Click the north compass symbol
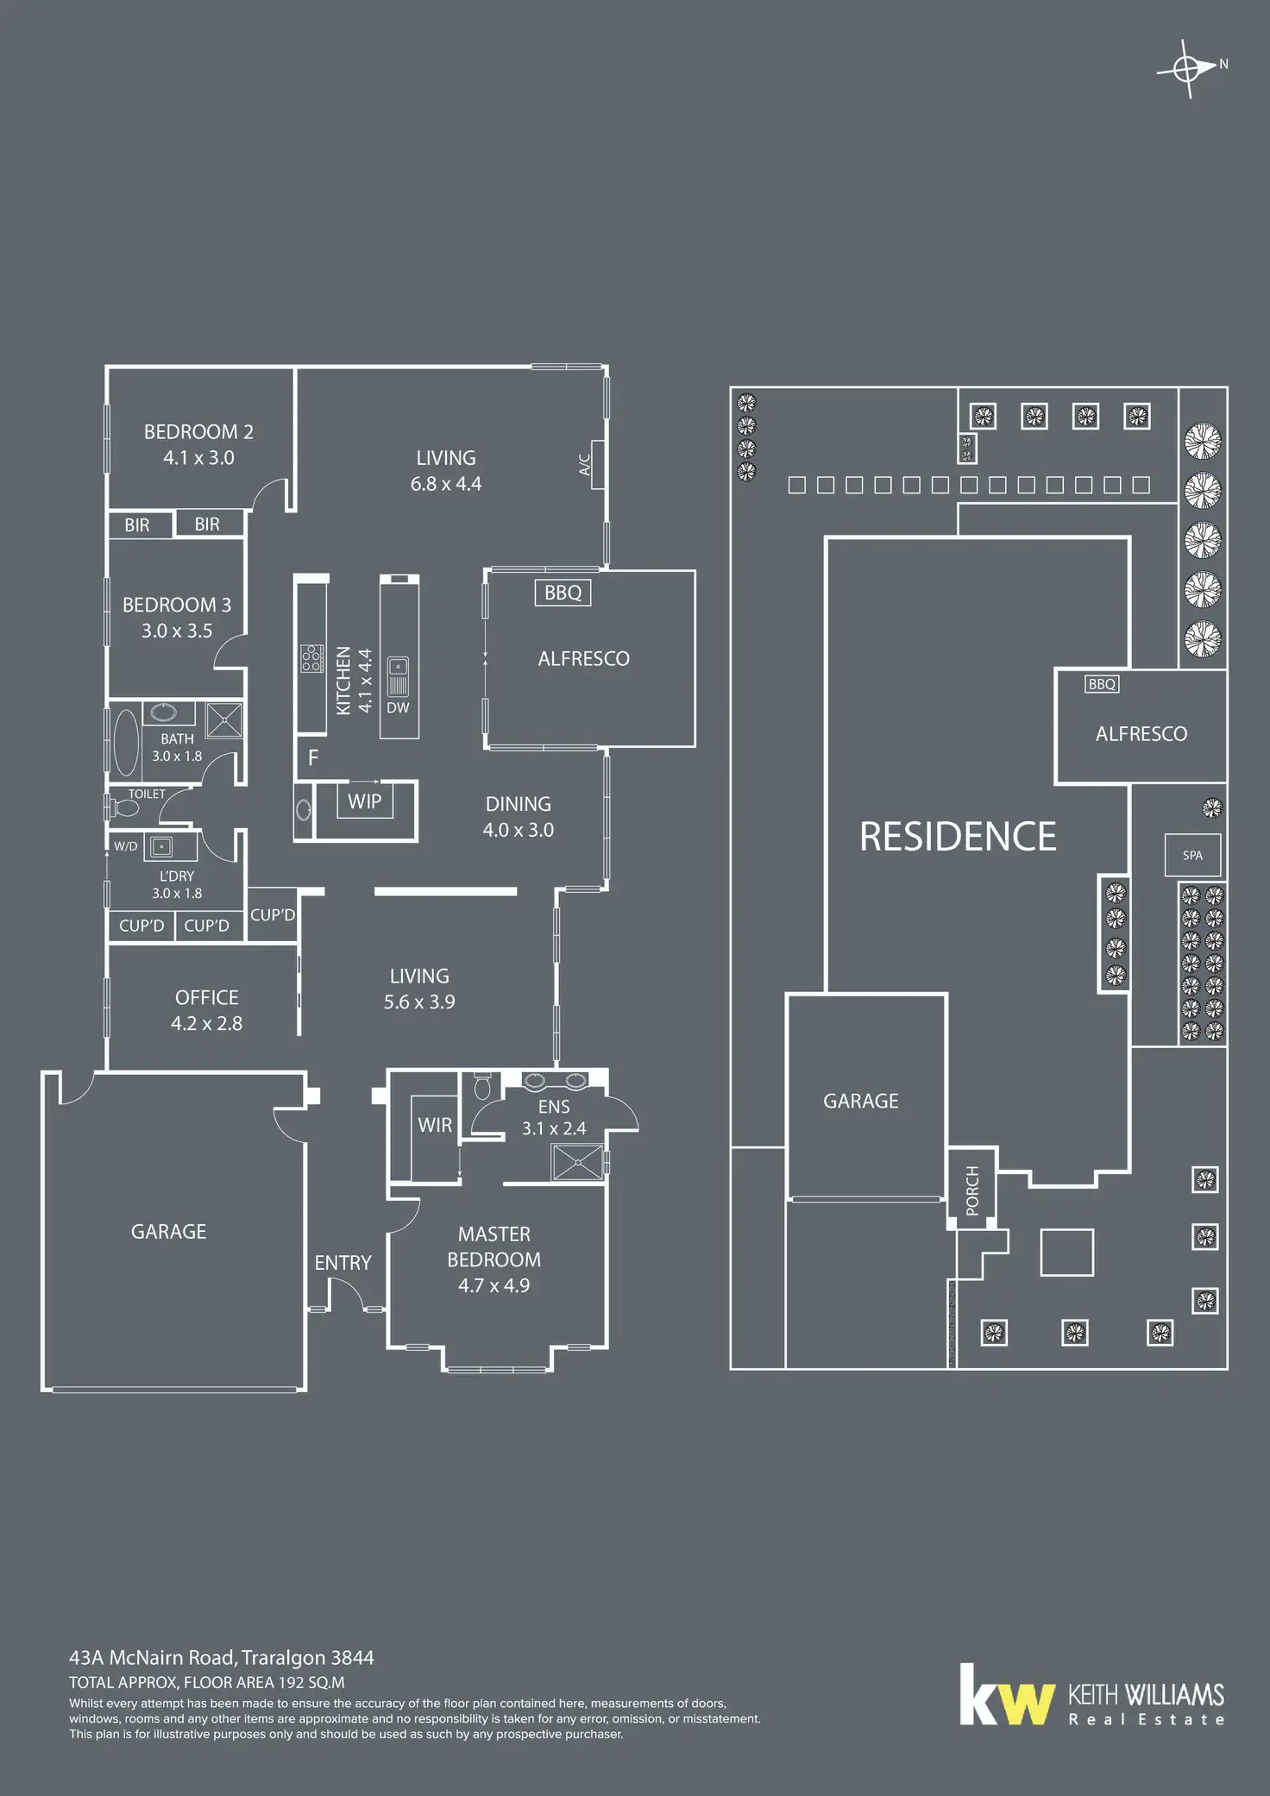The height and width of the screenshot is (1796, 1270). [1189, 68]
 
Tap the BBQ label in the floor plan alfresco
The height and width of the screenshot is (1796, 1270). [563, 593]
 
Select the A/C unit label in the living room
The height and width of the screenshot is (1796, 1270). [584, 465]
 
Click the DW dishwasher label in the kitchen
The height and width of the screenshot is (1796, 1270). [398, 707]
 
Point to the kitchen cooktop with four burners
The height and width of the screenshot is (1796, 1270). [311, 658]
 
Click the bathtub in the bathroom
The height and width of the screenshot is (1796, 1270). [126, 741]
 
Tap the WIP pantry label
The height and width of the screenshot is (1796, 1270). [364, 801]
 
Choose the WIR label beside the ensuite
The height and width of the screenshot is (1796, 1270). [435, 1125]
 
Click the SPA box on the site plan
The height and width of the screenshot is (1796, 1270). [1192, 855]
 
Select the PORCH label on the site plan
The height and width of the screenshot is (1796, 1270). [972, 1190]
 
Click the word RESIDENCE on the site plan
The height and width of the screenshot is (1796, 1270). [958, 836]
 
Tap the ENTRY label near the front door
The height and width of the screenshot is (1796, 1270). [343, 1262]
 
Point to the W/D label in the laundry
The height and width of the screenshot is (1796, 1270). [126, 846]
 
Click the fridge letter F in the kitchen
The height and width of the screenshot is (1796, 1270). [313, 757]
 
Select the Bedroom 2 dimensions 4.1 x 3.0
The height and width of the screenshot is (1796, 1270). [198, 457]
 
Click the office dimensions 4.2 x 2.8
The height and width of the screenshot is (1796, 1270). [206, 1023]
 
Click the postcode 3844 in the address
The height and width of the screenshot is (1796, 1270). [352, 1657]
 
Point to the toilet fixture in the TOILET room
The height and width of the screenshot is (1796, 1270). [123, 808]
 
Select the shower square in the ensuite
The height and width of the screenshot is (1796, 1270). [576, 1161]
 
